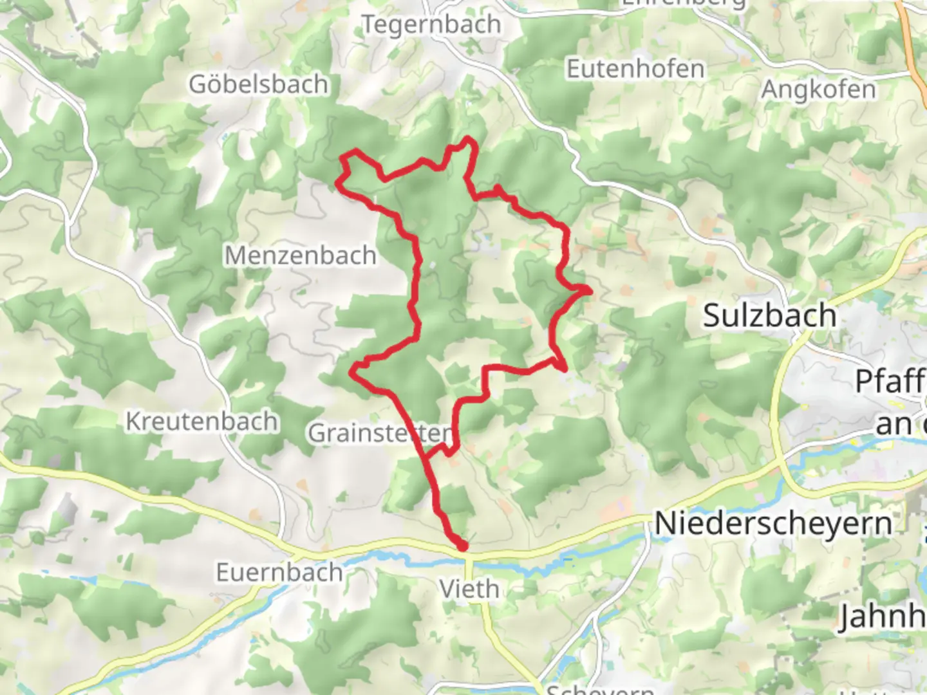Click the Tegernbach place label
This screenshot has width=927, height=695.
point(431,24)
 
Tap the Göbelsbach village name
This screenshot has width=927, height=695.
point(258,84)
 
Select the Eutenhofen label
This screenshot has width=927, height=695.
point(635,69)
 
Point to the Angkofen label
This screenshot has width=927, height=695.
point(818,89)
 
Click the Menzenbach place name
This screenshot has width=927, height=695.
point(300,255)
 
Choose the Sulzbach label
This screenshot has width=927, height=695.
point(769,315)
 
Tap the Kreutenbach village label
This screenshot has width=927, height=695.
point(201,422)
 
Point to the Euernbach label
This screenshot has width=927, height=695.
point(279,572)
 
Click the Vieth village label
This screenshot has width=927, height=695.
point(469,588)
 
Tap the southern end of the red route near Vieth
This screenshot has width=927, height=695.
point(462,546)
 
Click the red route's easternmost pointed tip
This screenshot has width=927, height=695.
point(588,292)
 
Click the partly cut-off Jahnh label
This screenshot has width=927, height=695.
point(882,616)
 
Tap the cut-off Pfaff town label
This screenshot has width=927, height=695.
point(890,382)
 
